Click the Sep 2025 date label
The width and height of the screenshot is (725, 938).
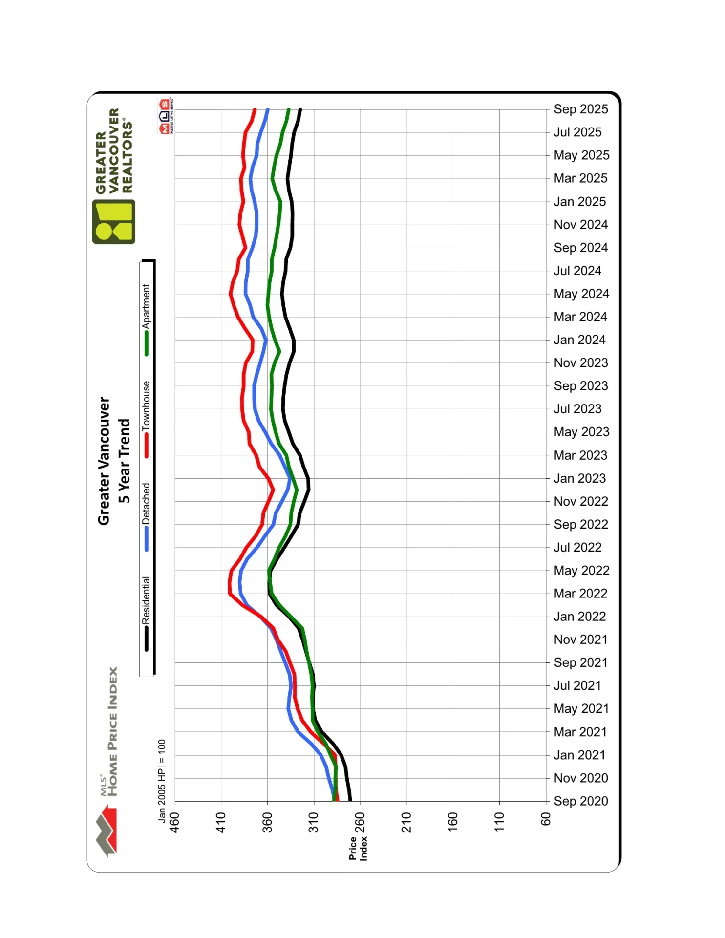click(x=580, y=109)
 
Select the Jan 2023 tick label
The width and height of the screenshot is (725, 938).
click(x=579, y=478)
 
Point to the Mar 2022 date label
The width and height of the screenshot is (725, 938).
click(x=580, y=594)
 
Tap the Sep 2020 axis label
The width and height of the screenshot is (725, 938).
click(x=580, y=801)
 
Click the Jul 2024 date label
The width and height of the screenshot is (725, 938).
click(x=577, y=271)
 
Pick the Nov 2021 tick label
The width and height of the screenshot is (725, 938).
click(x=580, y=640)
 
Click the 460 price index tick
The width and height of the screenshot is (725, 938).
click(x=174, y=823)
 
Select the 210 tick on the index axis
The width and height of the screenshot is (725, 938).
click(x=406, y=823)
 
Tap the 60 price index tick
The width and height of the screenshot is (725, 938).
click(x=546, y=819)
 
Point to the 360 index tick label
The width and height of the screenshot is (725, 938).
click(x=267, y=823)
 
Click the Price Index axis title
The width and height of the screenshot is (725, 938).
click(x=358, y=849)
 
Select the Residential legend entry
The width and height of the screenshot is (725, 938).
click(x=146, y=600)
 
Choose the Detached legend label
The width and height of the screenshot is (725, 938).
click(x=146, y=504)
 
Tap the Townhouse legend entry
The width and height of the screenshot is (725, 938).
click(x=146, y=406)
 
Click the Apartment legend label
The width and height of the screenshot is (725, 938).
click(x=146, y=307)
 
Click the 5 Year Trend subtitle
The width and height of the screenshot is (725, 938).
click(x=124, y=461)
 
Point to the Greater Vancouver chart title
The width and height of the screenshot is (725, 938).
click(x=104, y=461)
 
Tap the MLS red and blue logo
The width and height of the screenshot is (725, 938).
click(x=165, y=116)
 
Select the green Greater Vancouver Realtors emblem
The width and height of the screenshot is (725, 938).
click(x=113, y=222)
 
